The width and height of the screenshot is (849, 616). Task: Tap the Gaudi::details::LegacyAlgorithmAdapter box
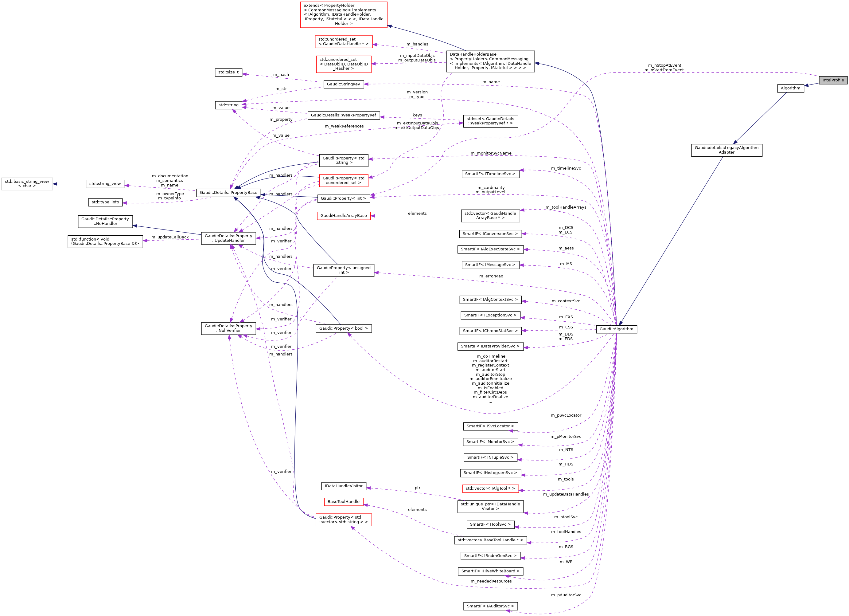pyautogui.click(x=726, y=150)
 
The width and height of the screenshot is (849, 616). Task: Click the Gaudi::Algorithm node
pyautogui.click(x=616, y=329)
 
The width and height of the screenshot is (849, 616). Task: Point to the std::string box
pyautogui.click(x=228, y=105)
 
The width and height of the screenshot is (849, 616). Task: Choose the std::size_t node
pyautogui.click(x=228, y=72)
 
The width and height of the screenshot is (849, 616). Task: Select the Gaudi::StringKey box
pyautogui.click(x=343, y=84)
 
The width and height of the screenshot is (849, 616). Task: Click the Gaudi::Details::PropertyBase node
pyautogui.click(x=228, y=192)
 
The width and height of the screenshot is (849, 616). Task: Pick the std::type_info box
pyautogui.click(x=105, y=202)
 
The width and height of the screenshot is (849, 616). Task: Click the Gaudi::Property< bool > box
pyautogui.click(x=343, y=328)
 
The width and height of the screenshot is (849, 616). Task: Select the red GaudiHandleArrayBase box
pyautogui.click(x=343, y=216)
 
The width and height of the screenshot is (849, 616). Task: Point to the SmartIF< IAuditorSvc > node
pyautogui.click(x=490, y=606)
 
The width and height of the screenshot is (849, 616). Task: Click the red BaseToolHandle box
pyautogui.click(x=343, y=502)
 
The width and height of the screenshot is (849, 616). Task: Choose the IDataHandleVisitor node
pyautogui.click(x=343, y=486)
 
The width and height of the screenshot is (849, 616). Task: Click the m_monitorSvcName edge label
pyautogui.click(x=491, y=153)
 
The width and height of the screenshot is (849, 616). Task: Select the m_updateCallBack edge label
pyautogui.click(x=170, y=237)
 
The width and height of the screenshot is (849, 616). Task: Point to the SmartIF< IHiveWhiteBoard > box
pyautogui.click(x=490, y=571)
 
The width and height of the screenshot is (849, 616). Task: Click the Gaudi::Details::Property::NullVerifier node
pyautogui.click(x=228, y=328)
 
